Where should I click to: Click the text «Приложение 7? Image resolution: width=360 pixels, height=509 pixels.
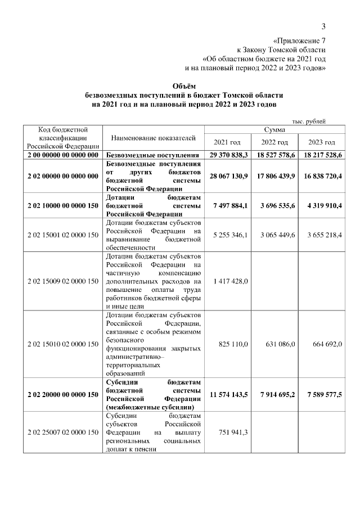(299, 40)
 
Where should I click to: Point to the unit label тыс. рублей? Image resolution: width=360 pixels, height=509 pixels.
(309, 120)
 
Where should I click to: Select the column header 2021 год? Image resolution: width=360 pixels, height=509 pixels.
(227, 142)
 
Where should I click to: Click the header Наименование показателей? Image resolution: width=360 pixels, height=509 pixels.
(154, 138)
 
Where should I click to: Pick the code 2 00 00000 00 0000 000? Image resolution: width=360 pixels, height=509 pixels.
(62, 155)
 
